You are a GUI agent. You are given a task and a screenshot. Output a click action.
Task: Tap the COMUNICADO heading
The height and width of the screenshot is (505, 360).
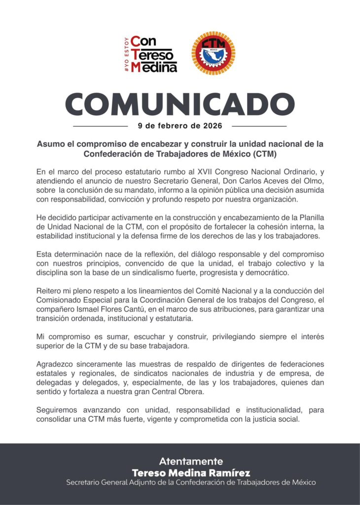tap(180, 103)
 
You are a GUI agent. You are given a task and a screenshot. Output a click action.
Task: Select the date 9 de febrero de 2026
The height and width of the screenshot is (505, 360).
tap(180, 126)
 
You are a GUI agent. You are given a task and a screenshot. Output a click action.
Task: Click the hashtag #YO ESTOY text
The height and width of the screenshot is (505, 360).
tap(127, 54)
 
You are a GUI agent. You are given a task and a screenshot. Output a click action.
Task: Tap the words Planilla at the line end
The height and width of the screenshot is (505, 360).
tap(309, 218)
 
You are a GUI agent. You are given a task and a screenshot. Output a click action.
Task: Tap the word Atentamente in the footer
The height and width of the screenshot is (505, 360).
tap(191, 461)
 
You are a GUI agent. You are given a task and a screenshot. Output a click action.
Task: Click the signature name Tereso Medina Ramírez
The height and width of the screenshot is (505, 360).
tap(191, 472)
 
